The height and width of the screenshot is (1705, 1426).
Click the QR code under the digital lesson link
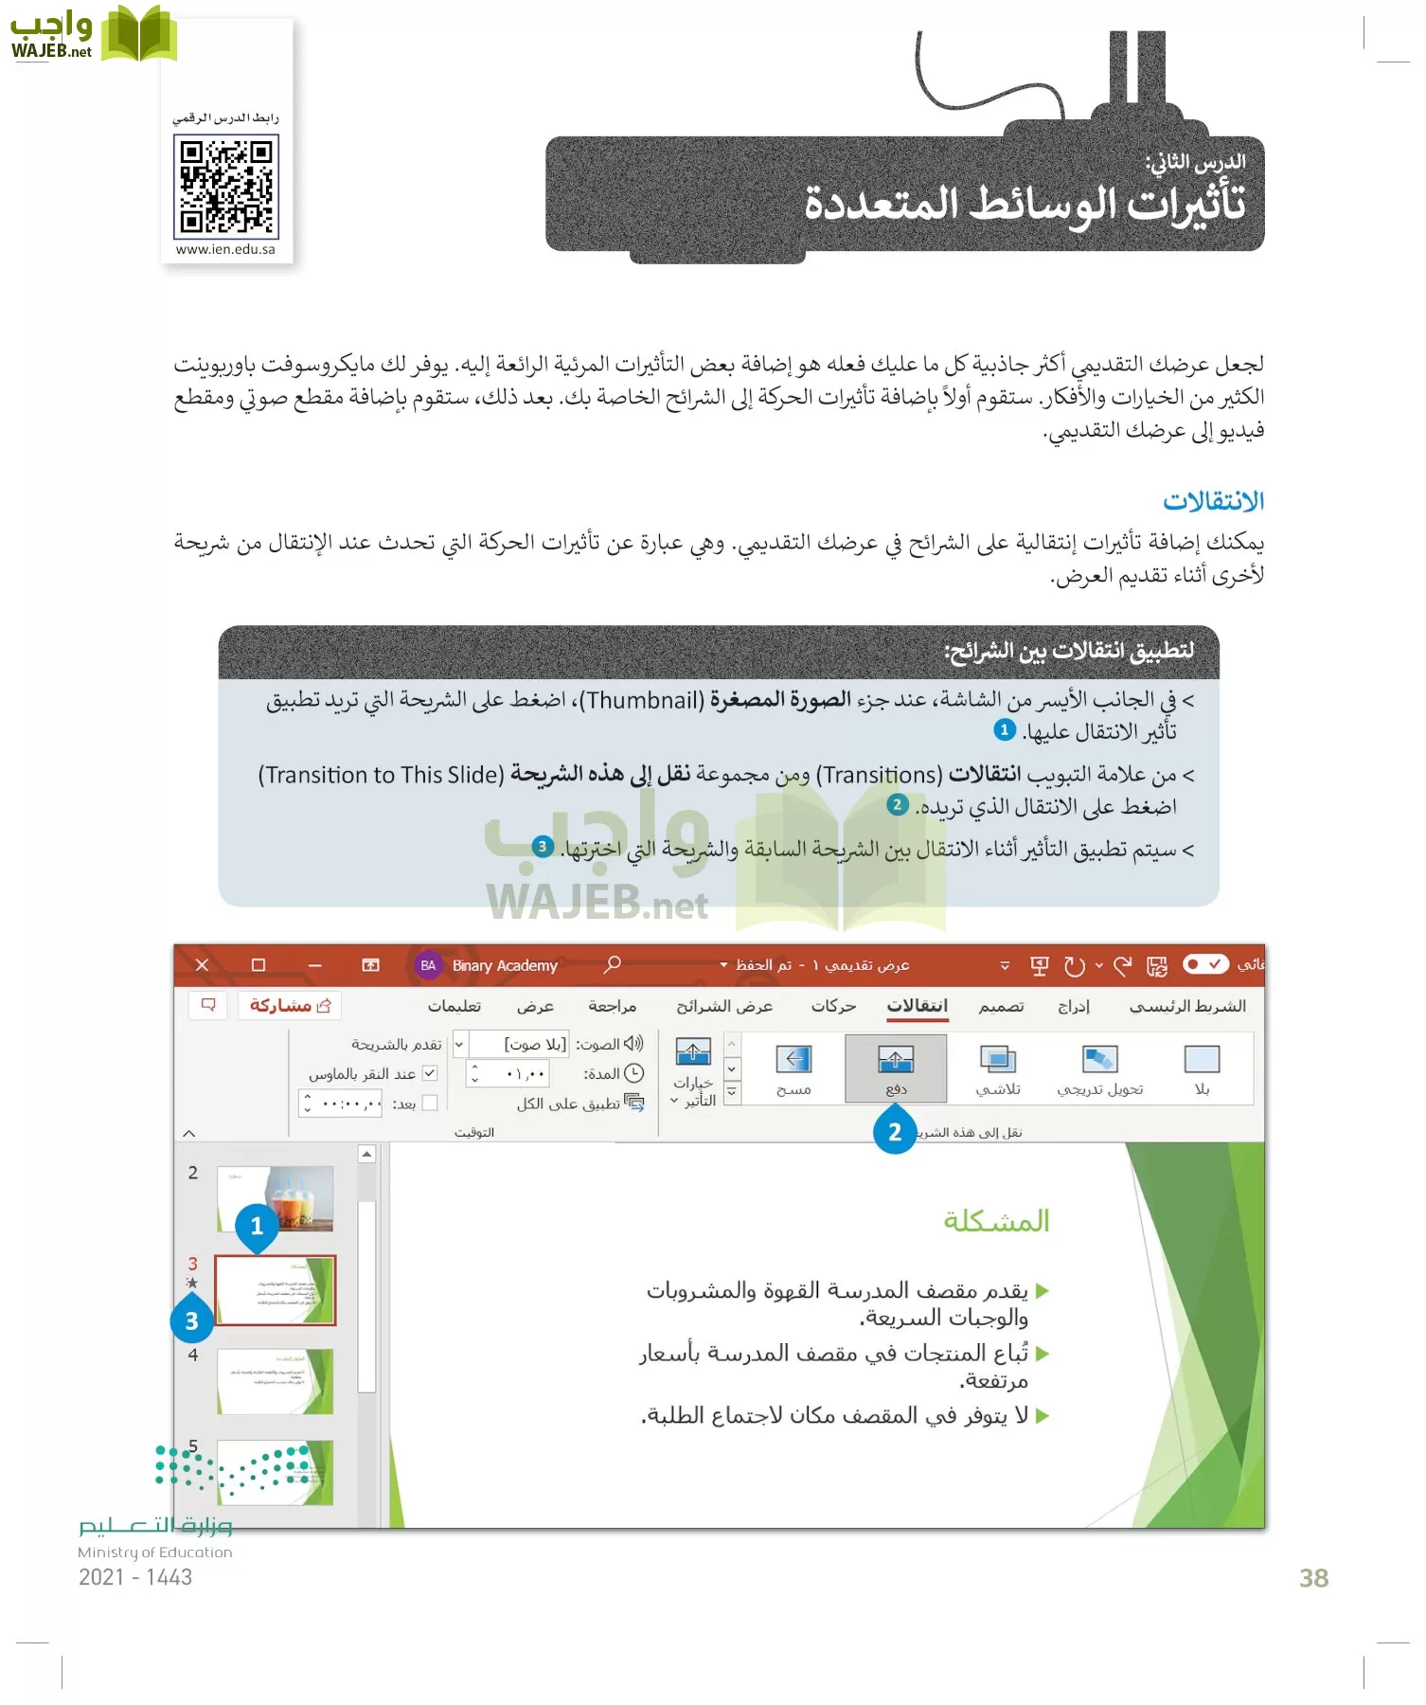(225, 186)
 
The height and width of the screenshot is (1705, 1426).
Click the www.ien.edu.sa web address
(225, 249)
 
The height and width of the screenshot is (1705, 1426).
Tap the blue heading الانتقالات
(1213, 501)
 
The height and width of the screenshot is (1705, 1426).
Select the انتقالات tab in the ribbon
(917, 1005)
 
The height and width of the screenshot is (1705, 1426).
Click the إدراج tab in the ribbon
(1073, 1006)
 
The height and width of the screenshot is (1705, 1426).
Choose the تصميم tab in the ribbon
(1001, 1006)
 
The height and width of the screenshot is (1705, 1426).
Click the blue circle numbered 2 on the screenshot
(895, 1132)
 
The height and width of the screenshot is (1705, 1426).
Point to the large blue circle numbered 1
(257, 1226)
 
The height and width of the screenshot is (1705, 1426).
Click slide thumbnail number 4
(275, 1381)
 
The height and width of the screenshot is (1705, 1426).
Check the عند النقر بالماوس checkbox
(430, 1073)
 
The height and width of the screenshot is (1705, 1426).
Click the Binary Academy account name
(505, 965)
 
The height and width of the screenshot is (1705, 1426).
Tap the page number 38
(1313, 1578)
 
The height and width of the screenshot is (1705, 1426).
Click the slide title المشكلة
(996, 1221)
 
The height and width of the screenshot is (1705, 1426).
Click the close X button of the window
(202, 965)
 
